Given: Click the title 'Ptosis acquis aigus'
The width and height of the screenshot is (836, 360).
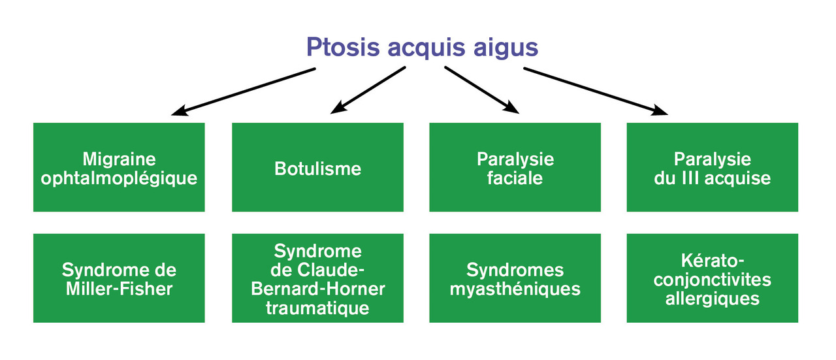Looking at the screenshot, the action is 422,48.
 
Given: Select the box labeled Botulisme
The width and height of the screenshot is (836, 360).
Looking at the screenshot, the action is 317,167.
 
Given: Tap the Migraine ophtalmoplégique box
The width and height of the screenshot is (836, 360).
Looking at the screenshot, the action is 119,167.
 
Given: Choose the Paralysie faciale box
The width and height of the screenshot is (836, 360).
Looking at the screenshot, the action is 515,167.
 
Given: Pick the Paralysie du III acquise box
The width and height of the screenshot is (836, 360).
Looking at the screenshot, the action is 713,167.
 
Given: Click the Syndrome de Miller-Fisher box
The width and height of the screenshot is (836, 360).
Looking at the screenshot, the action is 119,278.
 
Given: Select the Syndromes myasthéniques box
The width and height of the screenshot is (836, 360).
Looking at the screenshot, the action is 515,278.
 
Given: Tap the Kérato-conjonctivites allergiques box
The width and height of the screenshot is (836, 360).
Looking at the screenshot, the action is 713,278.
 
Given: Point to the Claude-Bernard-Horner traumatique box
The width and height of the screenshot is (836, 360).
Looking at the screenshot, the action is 317,278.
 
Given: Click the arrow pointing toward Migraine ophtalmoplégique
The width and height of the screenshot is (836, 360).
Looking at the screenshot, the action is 244,91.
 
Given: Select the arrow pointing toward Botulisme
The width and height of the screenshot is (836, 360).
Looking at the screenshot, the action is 368,90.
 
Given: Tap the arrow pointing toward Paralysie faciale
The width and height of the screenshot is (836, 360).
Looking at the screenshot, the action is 481,90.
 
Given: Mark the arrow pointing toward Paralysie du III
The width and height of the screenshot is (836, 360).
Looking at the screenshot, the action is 596,91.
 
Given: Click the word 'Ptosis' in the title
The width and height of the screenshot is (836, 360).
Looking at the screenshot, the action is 343,47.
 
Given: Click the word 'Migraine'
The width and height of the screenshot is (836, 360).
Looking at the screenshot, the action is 119,159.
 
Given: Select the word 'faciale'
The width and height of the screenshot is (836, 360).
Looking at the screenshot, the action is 515,178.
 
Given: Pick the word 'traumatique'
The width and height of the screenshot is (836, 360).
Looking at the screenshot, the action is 317,308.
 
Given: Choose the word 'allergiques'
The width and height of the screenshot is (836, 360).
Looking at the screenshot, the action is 713,299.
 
